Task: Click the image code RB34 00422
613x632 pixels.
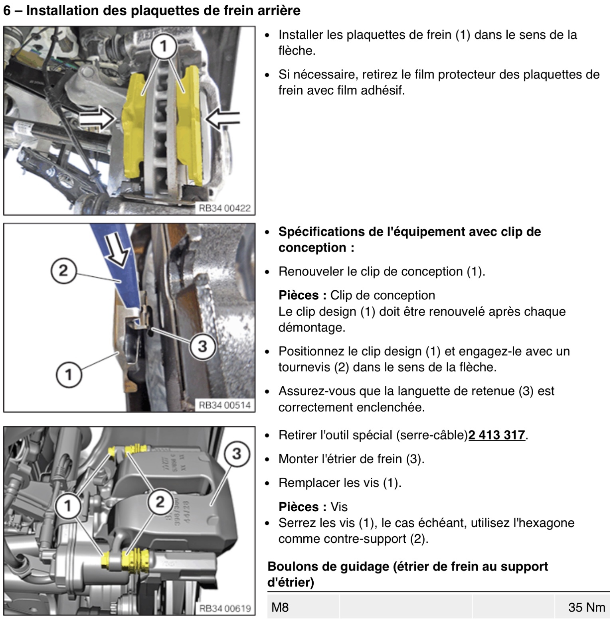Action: pos(225,208)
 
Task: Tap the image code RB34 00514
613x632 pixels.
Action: pos(225,405)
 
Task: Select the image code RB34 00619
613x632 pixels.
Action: pos(225,608)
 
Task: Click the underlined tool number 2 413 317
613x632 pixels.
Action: pos(496,435)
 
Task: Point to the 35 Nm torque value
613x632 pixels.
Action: pos(587,607)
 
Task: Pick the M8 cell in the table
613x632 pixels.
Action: pos(280,607)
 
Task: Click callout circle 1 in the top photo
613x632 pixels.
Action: pos(163,46)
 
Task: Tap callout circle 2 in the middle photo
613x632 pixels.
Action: pos(63,271)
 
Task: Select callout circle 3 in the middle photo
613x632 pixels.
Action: pos(202,346)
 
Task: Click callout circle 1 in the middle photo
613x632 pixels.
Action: pos(69,374)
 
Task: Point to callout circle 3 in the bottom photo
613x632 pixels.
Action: pos(237,453)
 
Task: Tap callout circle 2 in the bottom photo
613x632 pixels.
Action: pos(160,502)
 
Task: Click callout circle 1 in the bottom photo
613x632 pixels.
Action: pos(67,506)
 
